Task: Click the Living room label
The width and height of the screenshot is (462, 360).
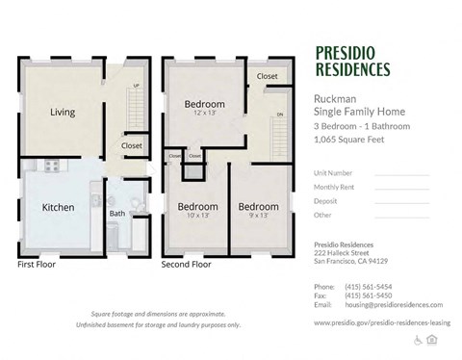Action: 63,113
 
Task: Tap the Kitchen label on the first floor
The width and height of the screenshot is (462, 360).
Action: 58,207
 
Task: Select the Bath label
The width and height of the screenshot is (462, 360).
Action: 116,214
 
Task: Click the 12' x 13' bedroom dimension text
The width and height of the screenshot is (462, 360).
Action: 204,114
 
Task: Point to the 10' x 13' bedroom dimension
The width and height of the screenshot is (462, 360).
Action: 197,217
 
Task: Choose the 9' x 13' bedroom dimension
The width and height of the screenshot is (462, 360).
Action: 258,217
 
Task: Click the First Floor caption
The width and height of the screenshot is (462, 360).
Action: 38,263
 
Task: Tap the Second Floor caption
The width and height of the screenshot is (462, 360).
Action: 186,263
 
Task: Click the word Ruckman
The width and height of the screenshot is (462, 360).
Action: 333,98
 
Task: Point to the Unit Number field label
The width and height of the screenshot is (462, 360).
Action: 334,173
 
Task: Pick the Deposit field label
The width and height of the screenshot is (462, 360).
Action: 326,201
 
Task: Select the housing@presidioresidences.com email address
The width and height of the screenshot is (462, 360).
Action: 390,304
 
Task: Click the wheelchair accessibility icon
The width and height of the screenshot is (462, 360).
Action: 419,340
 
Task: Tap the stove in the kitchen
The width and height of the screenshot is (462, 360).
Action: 50,166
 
